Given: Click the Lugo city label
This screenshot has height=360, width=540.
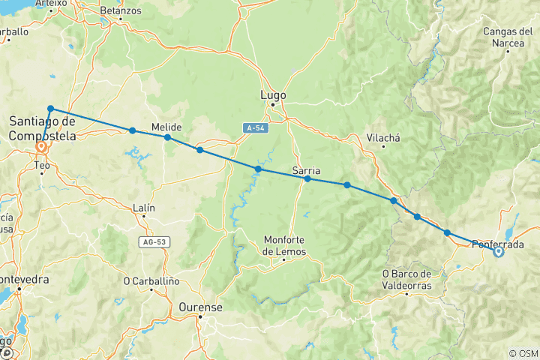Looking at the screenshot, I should click(273, 95).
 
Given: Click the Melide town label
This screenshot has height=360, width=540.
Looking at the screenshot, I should click(166, 127).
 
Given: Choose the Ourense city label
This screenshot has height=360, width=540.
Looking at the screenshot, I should click(201, 307).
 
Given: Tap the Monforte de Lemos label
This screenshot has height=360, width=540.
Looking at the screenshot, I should click(285, 246).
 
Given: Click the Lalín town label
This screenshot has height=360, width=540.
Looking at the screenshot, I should click(142, 207).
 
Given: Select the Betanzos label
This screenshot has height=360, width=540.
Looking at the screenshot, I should click(119, 11).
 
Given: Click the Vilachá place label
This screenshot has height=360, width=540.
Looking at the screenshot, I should click(384, 137).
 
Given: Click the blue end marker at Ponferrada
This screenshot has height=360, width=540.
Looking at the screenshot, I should click(498, 252).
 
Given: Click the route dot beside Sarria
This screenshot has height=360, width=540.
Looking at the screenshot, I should click(307, 178).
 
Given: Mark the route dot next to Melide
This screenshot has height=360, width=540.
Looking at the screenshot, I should click(167, 137).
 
